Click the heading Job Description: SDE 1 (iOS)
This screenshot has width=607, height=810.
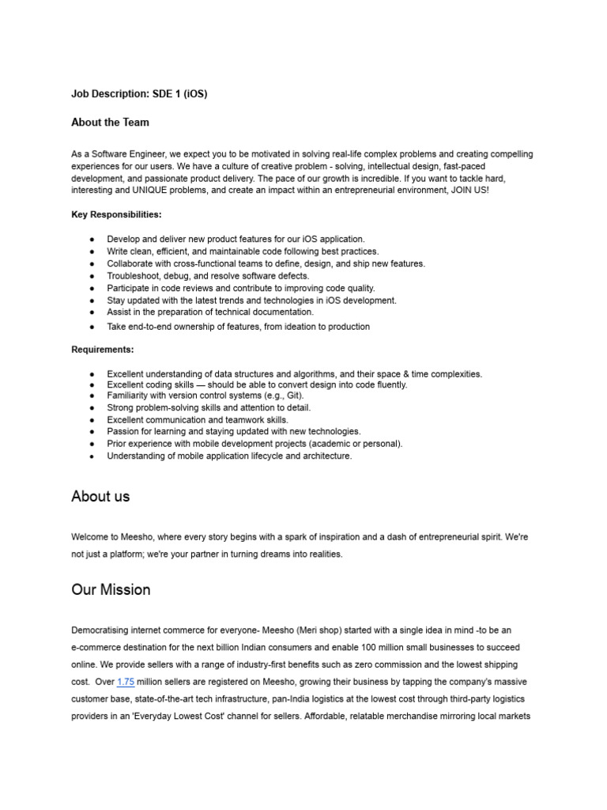(x=139, y=94)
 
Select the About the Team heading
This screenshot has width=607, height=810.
(x=110, y=123)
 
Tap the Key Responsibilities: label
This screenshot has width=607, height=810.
(x=116, y=214)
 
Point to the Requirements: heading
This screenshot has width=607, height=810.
(x=103, y=350)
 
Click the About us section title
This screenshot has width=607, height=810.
(x=100, y=497)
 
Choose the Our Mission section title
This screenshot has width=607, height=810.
(x=111, y=590)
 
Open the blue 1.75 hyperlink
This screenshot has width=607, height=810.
(x=126, y=682)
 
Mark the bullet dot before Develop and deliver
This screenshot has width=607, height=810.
(x=92, y=239)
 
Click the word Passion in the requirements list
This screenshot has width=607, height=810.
(x=123, y=432)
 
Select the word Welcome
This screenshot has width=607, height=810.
(x=90, y=537)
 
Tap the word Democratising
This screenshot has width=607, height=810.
(x=102, y=630)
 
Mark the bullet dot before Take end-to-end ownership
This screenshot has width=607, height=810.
(x=92, y=327)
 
